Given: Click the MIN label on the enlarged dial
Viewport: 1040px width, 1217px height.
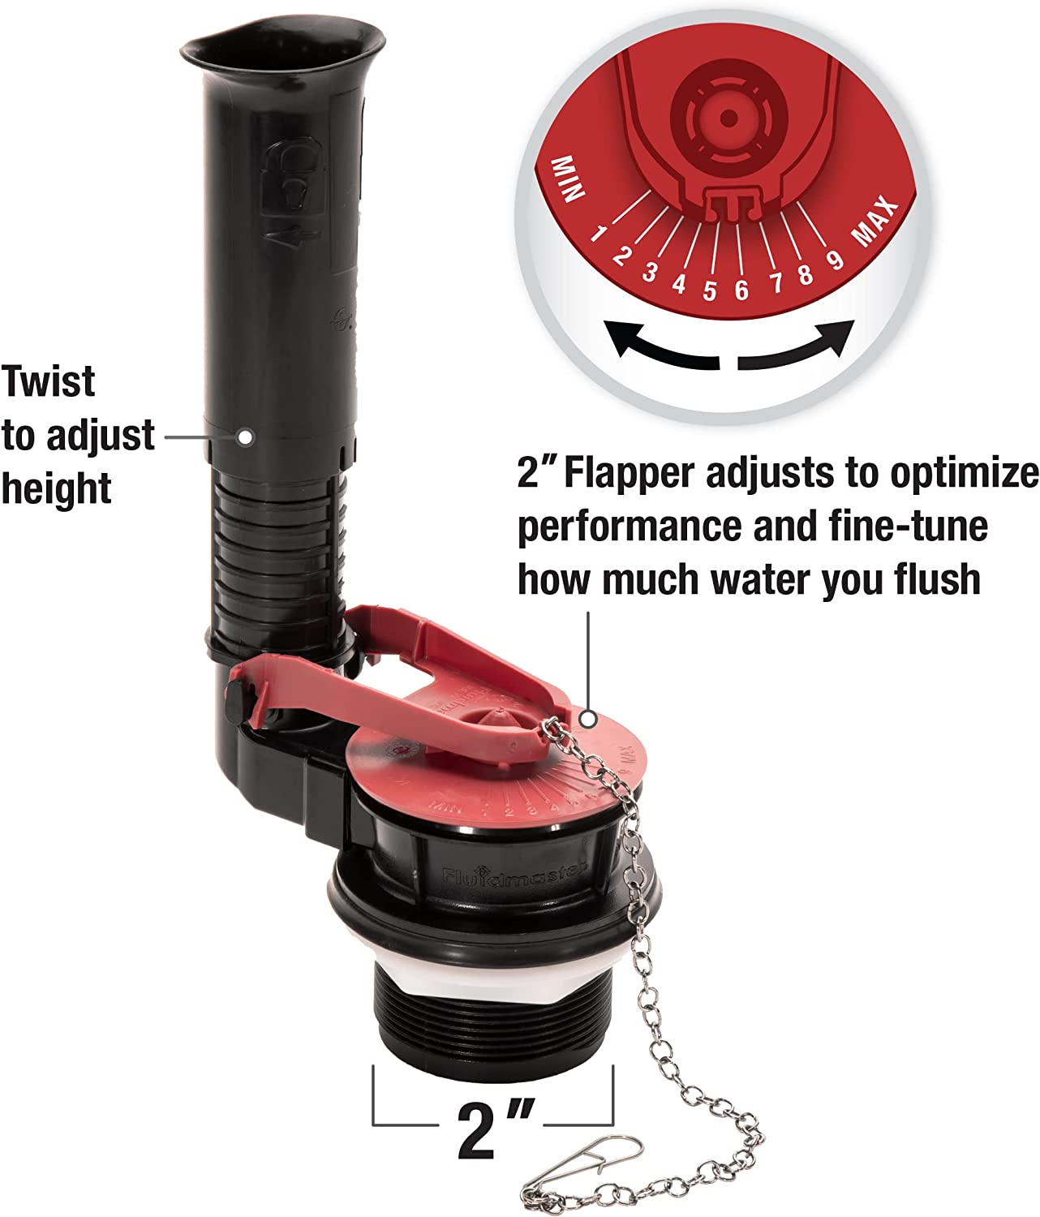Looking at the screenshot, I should click(568, 178).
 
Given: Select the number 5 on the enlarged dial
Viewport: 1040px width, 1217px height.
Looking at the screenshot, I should click(710, 290).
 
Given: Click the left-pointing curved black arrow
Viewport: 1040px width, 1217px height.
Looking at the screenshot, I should click(661, 345).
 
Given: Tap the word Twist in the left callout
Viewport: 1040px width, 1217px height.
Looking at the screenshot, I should click(49, 381).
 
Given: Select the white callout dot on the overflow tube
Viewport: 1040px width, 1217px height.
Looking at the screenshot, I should click(244, 436).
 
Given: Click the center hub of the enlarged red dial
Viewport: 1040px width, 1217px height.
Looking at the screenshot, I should click(728, 118).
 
